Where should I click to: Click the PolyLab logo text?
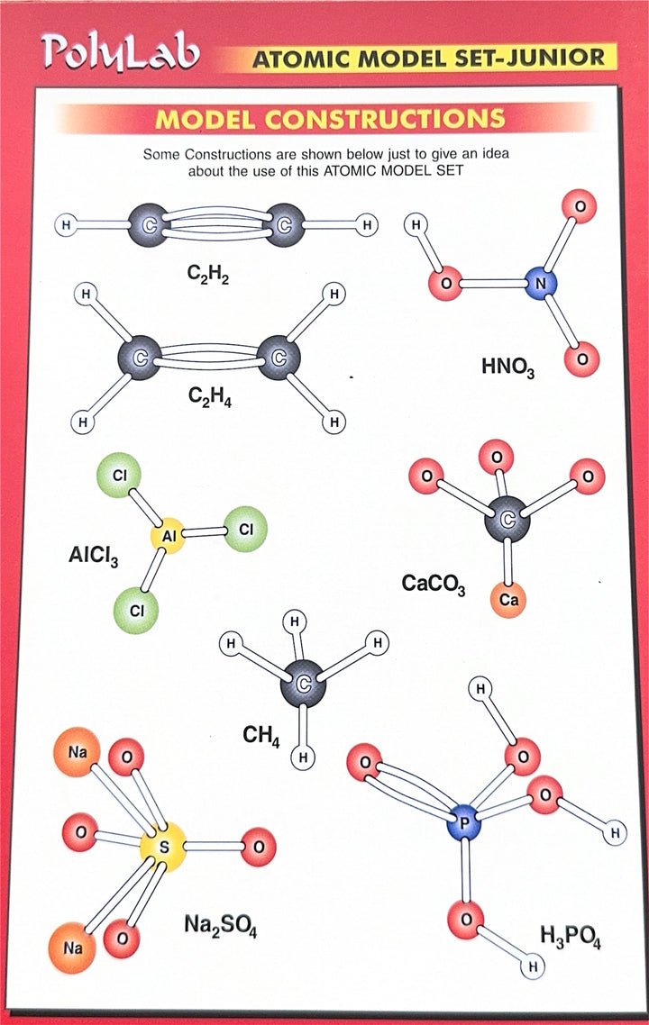(x=119, y=52)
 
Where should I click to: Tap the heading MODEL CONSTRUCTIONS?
(x=330, y=118)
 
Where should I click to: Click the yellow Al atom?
(x=169, y=536)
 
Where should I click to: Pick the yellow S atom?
(x=164, y=848)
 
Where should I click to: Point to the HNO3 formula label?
(x=507, y=367)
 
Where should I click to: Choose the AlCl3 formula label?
(x=94, y=557)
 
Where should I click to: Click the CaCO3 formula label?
(x=434, y=585)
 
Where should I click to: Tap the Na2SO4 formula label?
(x=221, y=925)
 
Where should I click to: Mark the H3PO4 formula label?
(x=571, y=937)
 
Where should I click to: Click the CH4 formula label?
(x=261, y=736)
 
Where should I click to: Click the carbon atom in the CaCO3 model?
(x=507, y=519)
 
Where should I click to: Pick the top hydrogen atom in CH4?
(x=296, y=621)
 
